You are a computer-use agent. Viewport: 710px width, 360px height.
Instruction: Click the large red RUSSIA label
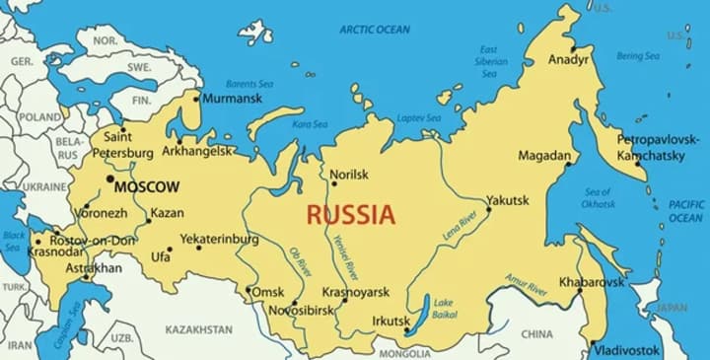coord(350,213)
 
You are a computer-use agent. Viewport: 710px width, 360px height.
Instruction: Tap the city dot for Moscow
coord(109,179)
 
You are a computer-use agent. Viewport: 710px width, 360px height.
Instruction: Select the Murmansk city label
coord(233,98)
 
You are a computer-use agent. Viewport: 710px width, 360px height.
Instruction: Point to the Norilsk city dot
coord(333,183)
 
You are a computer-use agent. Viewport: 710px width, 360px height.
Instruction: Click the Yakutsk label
coord(508,200)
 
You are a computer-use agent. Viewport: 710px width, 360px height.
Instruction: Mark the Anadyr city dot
coord(573,47)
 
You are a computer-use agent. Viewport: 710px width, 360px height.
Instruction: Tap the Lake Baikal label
coord(444,309)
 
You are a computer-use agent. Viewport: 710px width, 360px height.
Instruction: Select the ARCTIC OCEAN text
coord(374,30)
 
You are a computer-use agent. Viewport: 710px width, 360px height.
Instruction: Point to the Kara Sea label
coord(310,124)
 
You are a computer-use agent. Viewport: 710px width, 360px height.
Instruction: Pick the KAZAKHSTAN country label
coord(198,329)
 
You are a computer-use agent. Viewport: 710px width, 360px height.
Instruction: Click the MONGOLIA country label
coord(404,352)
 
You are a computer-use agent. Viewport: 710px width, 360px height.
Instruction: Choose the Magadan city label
coord(543,156)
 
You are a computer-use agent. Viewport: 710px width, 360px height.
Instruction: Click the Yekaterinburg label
coord(219,239)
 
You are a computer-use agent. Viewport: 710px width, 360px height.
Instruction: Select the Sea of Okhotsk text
coord(598,197)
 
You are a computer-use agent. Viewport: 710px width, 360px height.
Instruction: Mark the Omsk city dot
coord(248,290)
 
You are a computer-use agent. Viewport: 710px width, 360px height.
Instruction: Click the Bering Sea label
coord(637,56)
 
